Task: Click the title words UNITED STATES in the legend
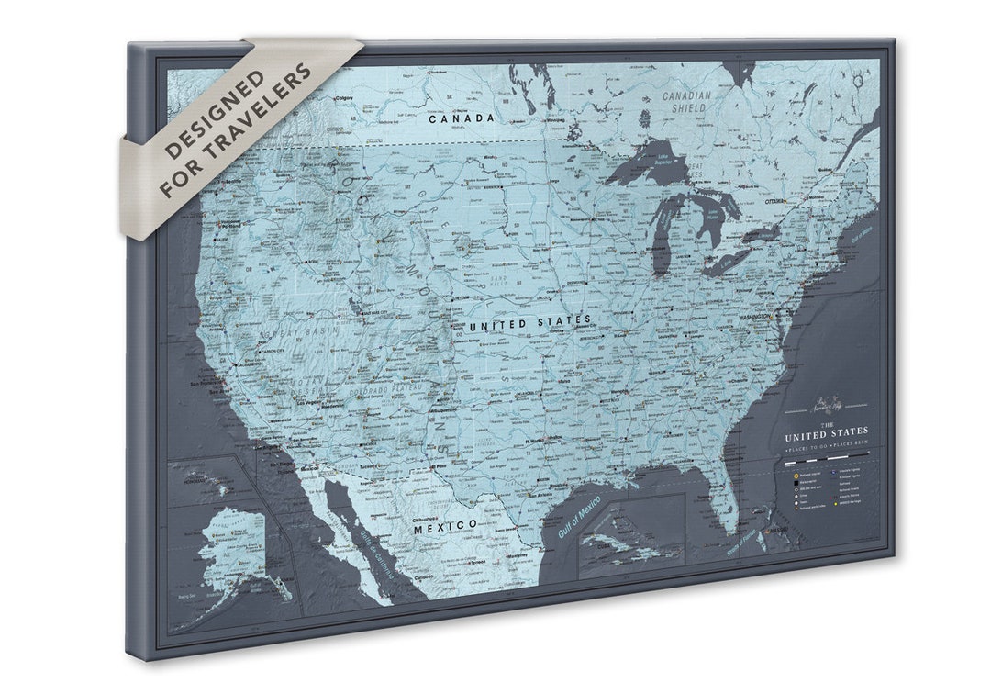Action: point(825,431)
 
